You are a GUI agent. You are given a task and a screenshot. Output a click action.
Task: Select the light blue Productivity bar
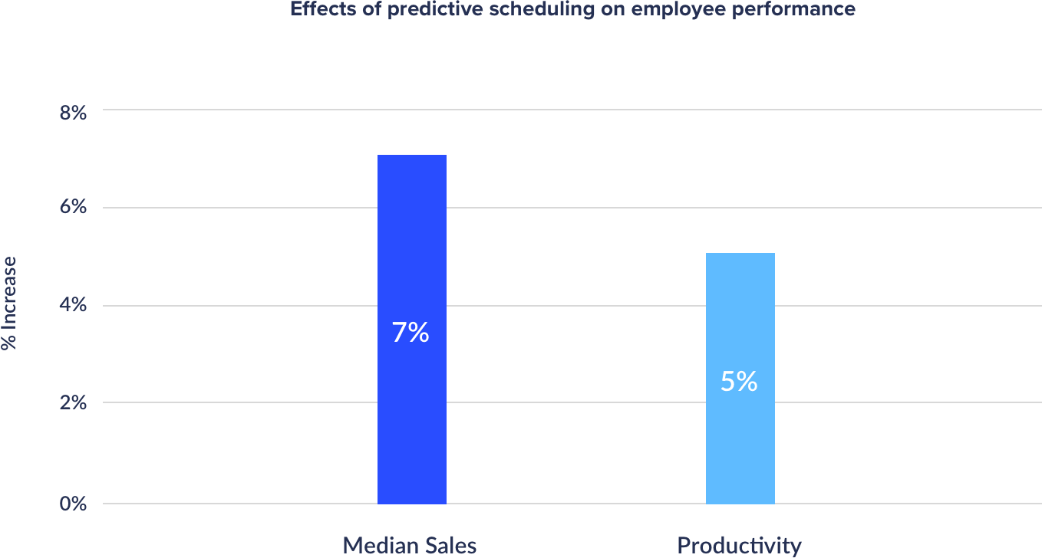pos(740,307)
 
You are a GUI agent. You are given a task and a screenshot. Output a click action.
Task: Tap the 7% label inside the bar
pos(411,333)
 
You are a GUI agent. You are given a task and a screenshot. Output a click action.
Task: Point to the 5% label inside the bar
pos(739,382)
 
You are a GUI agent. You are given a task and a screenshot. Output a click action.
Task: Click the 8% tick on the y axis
pos(73,112)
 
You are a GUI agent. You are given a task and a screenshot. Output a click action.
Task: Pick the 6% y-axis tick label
pos(73,208)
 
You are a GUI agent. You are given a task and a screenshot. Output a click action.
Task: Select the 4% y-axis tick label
pos(73,306)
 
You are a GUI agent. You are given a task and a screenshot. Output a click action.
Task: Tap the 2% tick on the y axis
pos(73,403)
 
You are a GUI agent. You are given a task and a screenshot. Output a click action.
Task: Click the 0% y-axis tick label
pos(73,504)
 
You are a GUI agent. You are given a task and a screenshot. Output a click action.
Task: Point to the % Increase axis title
pos(9,304)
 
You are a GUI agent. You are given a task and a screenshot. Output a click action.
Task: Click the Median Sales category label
pos(410,546)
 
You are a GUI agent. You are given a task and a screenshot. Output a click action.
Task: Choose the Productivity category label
pos(739,546)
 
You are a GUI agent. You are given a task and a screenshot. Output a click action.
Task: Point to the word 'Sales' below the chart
pos(453,546)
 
